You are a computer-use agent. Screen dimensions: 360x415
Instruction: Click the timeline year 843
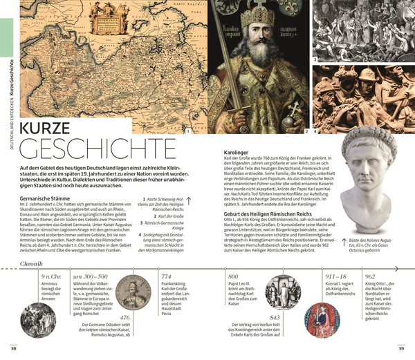(275, 317)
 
